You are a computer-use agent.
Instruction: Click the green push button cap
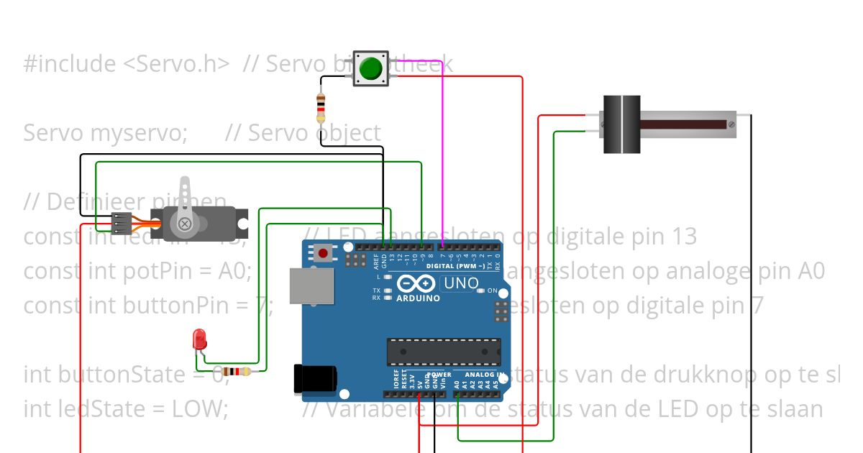[x=370, y=68]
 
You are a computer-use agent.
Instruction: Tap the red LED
[x=198, y=339]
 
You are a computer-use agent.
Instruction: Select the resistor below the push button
[x=321, y=109]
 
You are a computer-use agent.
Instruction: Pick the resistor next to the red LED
[x=236, y=372]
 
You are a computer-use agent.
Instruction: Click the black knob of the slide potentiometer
[x=621, y=124]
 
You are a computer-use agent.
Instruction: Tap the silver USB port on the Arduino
[x=311, y=286]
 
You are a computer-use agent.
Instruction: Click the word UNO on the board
[x=461, y=283]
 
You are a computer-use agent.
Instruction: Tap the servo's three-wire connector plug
[x=119, y=224]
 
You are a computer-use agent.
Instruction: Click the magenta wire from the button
[x=442, y=144]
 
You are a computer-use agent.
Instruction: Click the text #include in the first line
[x=69, y=64]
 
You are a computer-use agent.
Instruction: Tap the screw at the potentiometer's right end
[x=731, y=124]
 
